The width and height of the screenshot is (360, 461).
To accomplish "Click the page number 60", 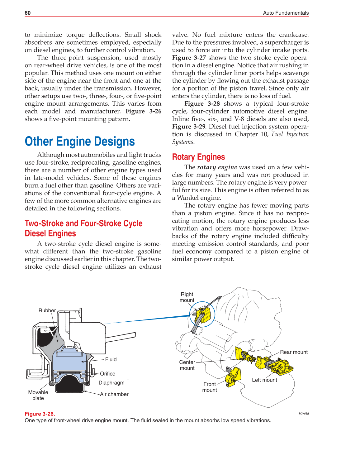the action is (28, 13).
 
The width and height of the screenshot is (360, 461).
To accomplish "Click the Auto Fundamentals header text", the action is (286, 13).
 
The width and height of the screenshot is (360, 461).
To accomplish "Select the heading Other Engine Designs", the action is (80, 142).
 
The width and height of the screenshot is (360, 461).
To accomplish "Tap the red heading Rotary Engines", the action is (198, 157).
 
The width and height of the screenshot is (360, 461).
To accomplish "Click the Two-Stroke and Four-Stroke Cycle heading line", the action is (83, 223).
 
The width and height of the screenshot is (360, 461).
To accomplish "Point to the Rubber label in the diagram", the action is (47, 310).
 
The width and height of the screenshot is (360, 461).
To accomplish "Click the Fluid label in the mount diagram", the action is (111, 359).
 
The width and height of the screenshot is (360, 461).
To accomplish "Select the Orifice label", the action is (107, 374).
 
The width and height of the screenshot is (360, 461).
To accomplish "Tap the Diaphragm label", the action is (111, 383).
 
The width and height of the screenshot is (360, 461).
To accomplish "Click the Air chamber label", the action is (114, 394).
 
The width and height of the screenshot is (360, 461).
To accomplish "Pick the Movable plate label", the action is (38, 395).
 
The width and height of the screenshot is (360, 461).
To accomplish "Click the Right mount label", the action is (187, 297).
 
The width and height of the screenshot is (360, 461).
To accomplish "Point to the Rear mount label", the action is (294, 352).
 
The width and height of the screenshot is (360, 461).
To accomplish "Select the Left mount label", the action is (264, 380).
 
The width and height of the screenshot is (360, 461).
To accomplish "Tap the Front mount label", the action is (210, 387).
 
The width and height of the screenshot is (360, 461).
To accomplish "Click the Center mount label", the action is (187, 365).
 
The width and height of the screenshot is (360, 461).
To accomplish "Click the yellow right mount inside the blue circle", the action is (204, 314).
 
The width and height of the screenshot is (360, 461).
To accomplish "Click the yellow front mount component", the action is (233, 376).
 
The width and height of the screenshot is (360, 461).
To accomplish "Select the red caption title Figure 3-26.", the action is (40, 414).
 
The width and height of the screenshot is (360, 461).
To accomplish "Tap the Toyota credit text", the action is (304, 413).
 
